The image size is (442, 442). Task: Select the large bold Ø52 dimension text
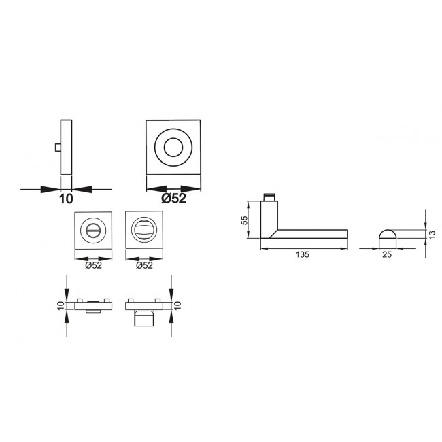(174, 199)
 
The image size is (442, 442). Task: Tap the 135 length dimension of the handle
(303, 254)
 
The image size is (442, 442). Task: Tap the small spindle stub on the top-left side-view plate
(58, 148)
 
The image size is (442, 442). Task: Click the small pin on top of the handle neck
(271, 197)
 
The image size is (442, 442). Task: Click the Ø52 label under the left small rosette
(93, 265)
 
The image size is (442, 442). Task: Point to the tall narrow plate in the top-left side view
(66, 147)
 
